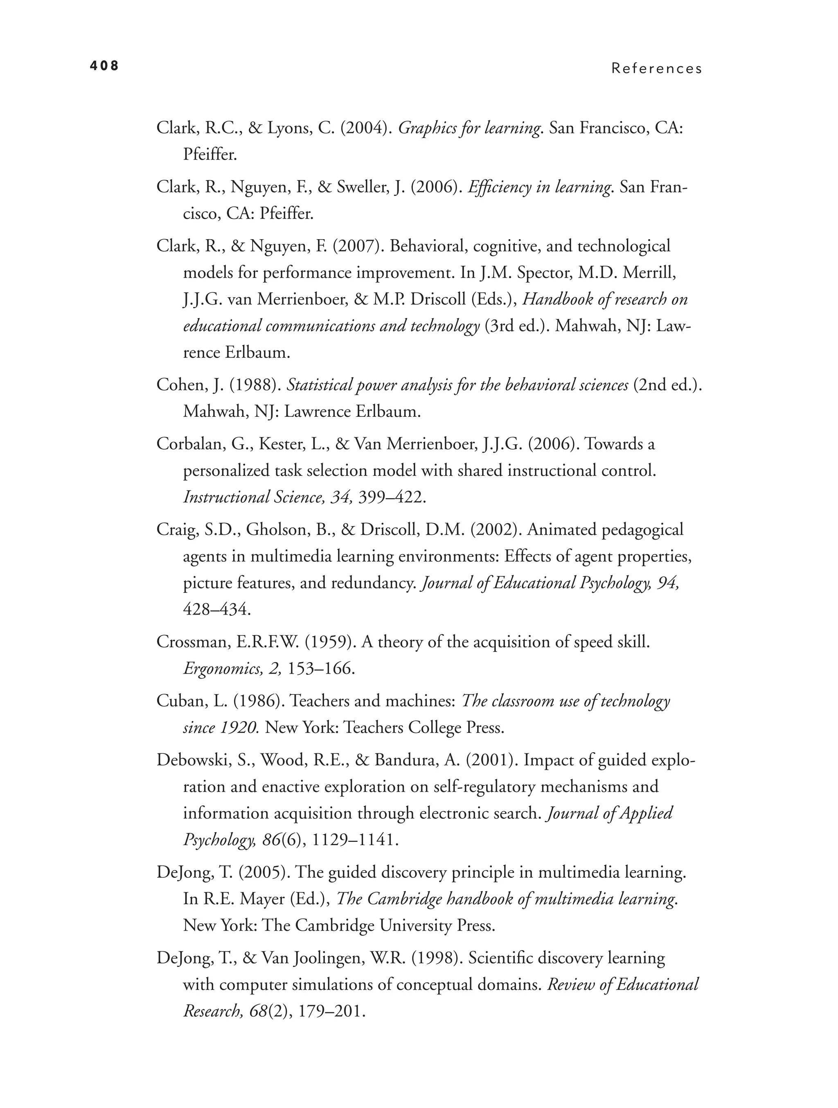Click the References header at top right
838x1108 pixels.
[656, 69]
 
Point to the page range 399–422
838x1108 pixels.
[392, 497]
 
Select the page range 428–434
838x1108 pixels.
[217, 610]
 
